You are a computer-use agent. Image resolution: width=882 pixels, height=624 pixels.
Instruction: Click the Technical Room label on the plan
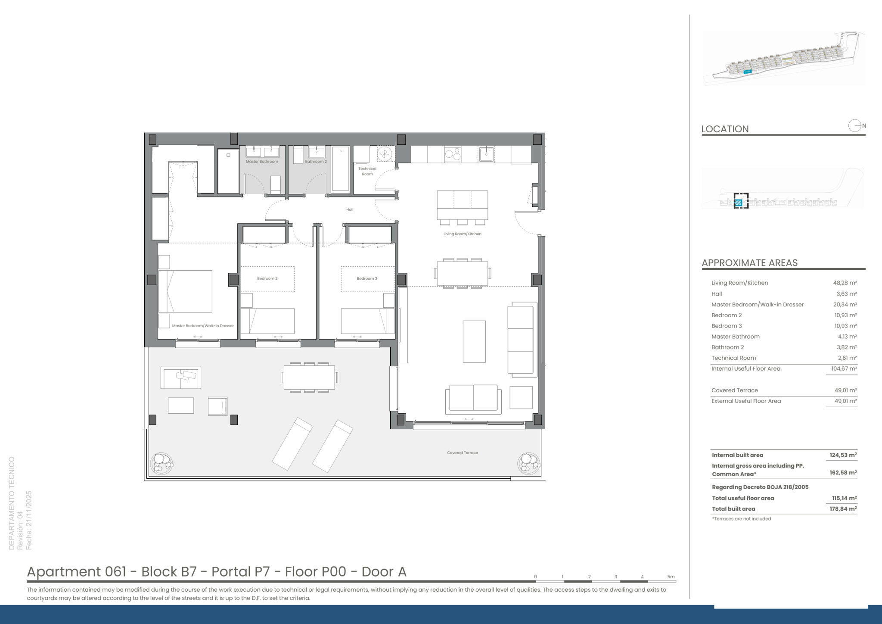[367, 172]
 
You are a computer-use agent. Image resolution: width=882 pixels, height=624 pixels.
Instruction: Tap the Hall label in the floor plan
[350, 209]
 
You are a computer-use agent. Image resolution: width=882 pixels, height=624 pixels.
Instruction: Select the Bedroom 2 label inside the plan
[267, 278]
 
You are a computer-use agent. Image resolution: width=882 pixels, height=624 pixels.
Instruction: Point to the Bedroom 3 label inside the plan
[367, 278]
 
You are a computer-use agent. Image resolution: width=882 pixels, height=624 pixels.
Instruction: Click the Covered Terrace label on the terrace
[463, 452]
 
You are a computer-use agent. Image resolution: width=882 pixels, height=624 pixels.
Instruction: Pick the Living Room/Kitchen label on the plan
[463, 234]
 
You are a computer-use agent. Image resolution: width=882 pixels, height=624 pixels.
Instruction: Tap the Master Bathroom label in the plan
[262, 162]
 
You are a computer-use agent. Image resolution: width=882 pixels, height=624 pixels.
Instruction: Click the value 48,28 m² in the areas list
[845, 283]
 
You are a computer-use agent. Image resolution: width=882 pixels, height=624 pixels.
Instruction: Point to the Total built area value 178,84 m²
[843, 509]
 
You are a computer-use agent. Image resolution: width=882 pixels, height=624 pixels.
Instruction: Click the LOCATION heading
[725, 129]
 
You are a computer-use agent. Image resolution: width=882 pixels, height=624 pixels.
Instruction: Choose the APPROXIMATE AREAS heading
[749, 263]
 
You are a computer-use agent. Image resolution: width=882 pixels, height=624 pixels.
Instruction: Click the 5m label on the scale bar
[671, 577]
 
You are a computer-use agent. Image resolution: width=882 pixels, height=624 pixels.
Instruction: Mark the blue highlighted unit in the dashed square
[738, 203]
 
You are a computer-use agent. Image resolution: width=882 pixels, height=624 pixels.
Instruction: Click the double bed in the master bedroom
[185, 291]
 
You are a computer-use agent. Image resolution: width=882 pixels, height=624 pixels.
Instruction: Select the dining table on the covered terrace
[309, 378]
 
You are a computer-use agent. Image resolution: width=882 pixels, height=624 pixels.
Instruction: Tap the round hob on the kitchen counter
[453, 154]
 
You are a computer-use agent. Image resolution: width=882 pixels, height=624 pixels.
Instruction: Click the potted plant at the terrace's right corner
[529, 463]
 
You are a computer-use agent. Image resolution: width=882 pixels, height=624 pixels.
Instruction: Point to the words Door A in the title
[384, 571]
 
